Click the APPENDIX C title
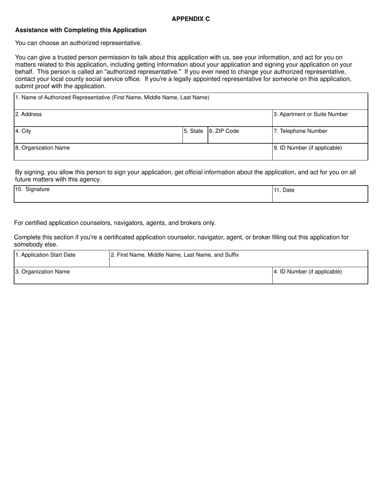point(191,19)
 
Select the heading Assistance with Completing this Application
point(81,30)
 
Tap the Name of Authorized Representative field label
point(112,97)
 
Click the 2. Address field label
point(29,114)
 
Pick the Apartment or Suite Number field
point(320,118)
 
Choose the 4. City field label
point(23,131)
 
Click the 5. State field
point(195,135)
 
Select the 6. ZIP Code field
point(240,135)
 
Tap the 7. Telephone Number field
point(320,135)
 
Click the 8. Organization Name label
point(43,148)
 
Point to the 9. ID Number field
point(320,152)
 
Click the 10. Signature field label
point(33,189)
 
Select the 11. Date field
point(320,194)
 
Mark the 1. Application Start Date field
point(62,259)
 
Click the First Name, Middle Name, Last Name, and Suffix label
point(175,255)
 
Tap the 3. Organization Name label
point(43,272)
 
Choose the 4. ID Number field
point(320,276)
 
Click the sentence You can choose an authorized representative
point(78,43)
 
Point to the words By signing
point(31,172)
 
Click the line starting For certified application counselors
point(115,223)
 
